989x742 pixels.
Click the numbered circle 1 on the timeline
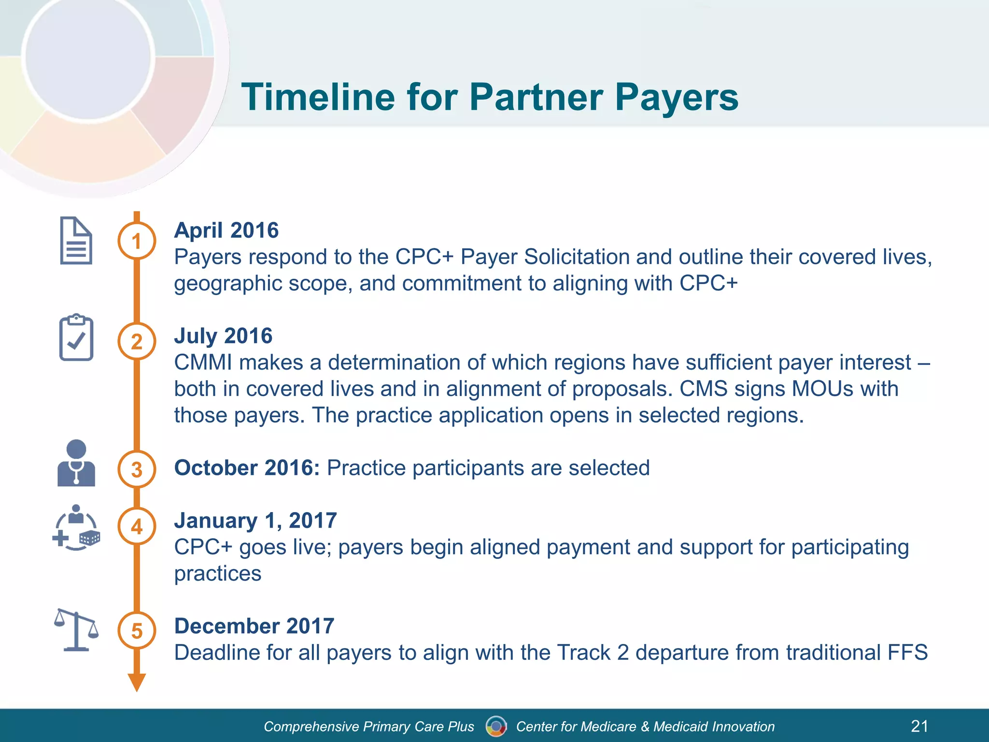click(x=137, y=241)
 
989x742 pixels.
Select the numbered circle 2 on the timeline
click(x=137, y=342)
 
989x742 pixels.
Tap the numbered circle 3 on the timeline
click(x=137, y=469)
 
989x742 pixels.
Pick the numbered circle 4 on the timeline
click(x=137, y=526)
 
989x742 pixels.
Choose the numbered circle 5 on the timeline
click(x=137, y=630)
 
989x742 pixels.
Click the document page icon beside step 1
click(x=76, y=241)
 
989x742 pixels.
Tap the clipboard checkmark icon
click(x=76, y=338)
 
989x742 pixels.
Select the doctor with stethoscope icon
click(x=76, y=463)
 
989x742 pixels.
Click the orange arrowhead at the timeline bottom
click(x=137, y=682)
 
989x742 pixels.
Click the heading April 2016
click(x=226, y=230)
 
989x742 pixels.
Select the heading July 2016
click(x=223, y=336)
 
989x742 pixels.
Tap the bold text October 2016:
click(x=247, y=468)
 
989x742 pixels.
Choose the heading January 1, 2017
click(x=255, y=521)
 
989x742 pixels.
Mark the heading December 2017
click(x=254, y=626)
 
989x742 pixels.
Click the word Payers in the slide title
click(x=676, y=97)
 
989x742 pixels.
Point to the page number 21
click(x=919, y=726)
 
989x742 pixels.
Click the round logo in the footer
click(x=496, y=726)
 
